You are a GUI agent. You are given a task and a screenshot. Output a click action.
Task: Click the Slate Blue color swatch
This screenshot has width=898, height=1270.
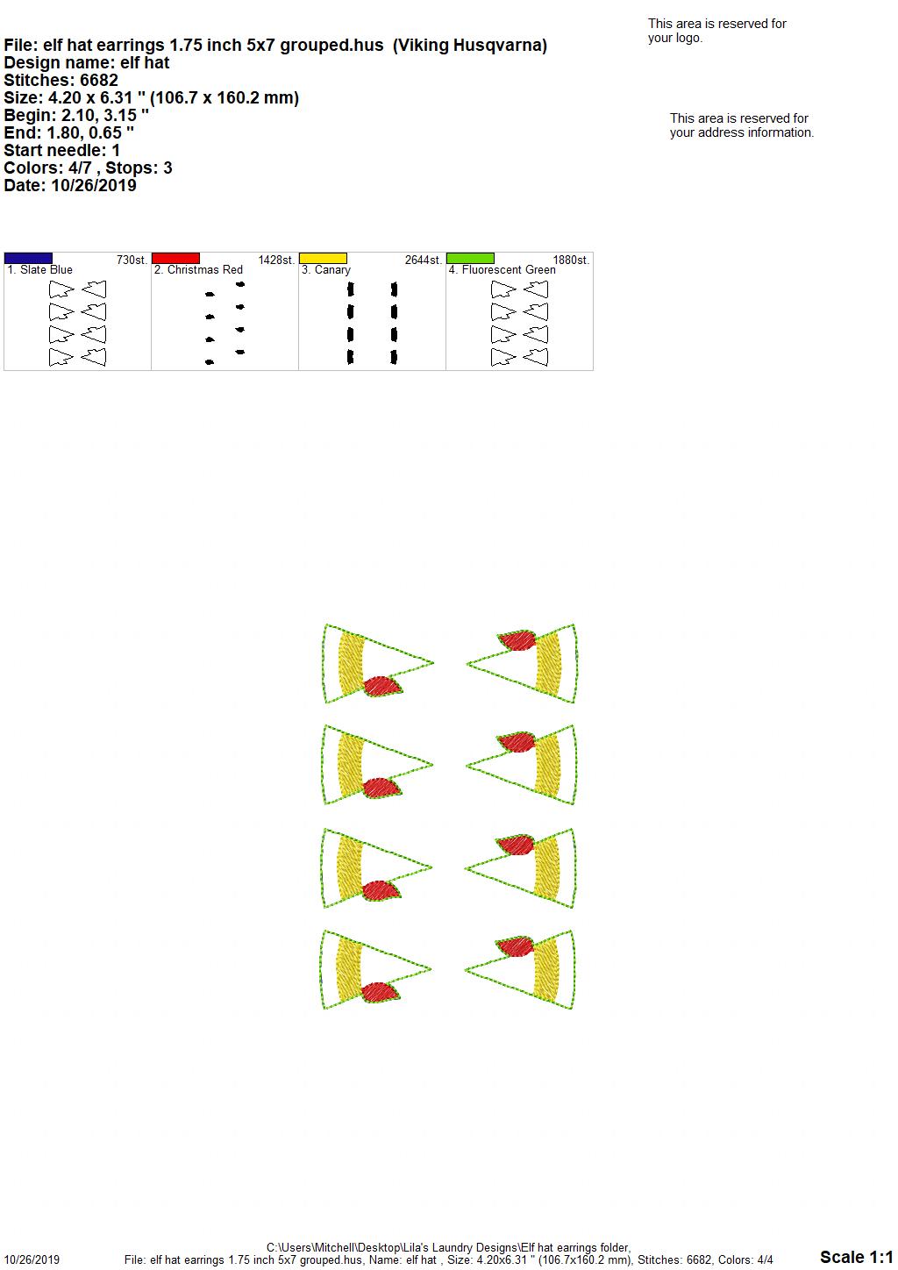click(x=28, y=259)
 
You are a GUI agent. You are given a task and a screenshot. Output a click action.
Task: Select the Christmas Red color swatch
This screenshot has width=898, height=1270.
click(x=175, y=259)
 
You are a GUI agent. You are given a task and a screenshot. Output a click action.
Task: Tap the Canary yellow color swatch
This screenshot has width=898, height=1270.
click(x=323, y=259)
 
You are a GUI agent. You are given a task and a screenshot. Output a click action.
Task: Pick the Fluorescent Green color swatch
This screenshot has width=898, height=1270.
click(x=471, y=259)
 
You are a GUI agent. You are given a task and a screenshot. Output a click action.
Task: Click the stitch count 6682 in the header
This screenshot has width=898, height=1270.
click(x=99, y=81)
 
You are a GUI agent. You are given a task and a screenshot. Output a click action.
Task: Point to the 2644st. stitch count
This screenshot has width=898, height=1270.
click(x=423, y=260)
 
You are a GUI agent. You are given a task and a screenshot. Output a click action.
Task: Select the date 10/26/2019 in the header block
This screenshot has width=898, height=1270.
click(x=94, y=185)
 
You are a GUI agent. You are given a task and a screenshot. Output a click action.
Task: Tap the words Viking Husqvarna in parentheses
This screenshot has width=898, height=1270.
click(x=470, y=46)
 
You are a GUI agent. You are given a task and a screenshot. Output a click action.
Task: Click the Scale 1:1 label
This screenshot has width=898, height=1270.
click(x=857, y=1257)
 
